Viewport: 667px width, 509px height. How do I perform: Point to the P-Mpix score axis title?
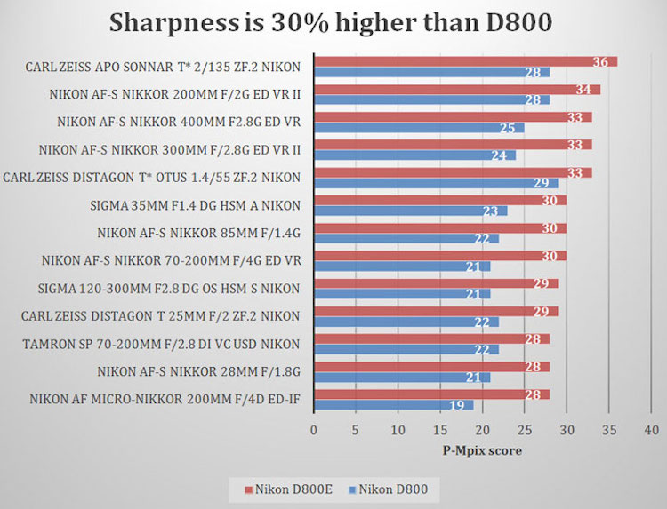pos(481,449)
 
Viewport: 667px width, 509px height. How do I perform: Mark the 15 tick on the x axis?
pos(440,431)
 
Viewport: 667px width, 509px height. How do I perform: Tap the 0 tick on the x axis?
pos(314,431)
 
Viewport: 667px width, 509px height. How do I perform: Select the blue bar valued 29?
pos(436,183)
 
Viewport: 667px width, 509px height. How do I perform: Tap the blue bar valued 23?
pos(410,211)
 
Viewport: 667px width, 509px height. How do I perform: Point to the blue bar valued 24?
pos(414,155)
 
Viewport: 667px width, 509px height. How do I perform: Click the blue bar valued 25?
pos(419,127)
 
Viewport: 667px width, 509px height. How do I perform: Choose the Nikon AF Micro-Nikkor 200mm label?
pos(165,399)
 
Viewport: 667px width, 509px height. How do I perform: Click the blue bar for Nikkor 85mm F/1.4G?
pos(406,238)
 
